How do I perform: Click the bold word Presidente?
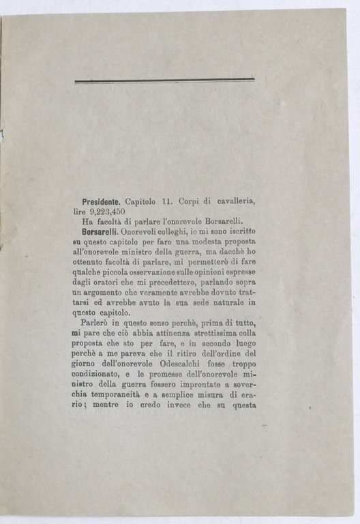100,202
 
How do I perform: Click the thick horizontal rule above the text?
164,81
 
